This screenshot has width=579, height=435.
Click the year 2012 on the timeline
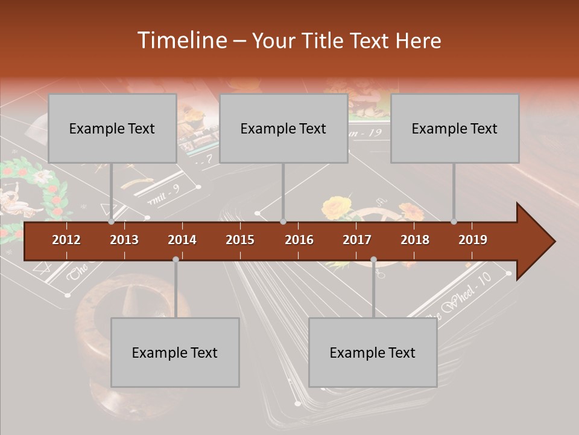point(66,240)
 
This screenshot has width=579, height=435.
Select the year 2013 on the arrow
point(124,240)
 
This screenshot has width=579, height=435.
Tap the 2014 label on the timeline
point(182,240)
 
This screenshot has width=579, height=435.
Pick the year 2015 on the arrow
point(240,240)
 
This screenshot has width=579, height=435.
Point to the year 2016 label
point(299,240)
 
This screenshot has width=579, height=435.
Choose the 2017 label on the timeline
point(357,240)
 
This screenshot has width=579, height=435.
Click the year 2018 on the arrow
point(415,240)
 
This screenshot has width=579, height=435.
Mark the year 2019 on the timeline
point(473,240)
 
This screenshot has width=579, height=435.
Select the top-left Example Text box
point(112,129)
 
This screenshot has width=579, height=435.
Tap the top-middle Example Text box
point(283,129)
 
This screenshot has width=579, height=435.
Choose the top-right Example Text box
point(455,129)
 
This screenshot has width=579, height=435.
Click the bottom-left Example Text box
point(175,353)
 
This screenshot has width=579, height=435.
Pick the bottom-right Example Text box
point(373,353)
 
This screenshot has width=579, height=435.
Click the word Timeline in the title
point(181,40)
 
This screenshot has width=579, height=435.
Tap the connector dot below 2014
point(176,259)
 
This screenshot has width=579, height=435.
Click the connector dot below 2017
point(373,259)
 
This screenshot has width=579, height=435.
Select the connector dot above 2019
point(454,222)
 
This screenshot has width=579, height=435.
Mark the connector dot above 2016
point(283,222)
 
